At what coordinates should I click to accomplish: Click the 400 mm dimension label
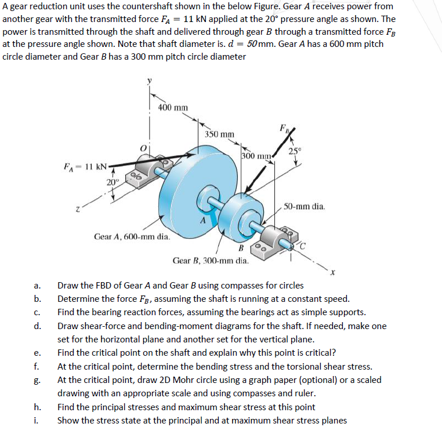click(x=173, y=107)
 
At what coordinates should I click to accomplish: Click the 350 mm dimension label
click(x=220, y=134)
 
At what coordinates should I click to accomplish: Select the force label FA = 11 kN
click(x=85, y=167)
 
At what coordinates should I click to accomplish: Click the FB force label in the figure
click(x=282, y=128)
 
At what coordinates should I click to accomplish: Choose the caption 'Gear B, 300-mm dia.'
click(x=211, y=261)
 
